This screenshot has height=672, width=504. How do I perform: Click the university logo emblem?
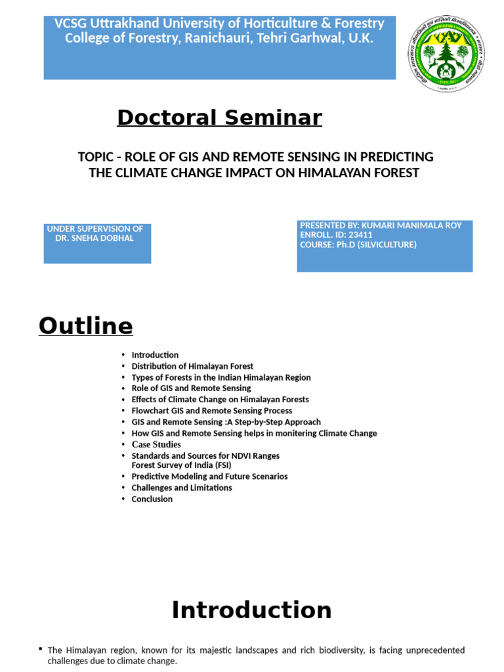[x=446, y=53]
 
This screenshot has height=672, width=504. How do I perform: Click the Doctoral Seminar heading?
[x=219, y=117]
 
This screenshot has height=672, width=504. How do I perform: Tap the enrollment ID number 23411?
[x=360, y=235]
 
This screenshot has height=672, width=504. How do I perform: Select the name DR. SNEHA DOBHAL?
[x=94, y=238]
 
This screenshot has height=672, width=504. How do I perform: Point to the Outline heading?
[x=86, y=325]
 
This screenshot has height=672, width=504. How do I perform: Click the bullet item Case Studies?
[x=156, y=444]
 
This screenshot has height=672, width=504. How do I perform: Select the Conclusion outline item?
[x=152, y=499]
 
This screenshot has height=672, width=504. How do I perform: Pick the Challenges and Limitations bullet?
[x=182, y=488]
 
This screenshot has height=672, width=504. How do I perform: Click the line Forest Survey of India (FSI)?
[x=181, y=465]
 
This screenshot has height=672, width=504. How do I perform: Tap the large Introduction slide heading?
[x=251, y=610]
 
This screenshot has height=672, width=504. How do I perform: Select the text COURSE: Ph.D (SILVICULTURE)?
[x=358, y=245]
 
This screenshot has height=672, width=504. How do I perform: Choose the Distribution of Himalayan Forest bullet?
[x=192, y=366]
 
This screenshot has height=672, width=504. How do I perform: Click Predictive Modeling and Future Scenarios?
[x=209, y=476]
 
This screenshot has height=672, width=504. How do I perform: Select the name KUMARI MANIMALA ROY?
[x=411, y=226]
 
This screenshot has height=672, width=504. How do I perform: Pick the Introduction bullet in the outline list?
[x=155, y=355]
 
